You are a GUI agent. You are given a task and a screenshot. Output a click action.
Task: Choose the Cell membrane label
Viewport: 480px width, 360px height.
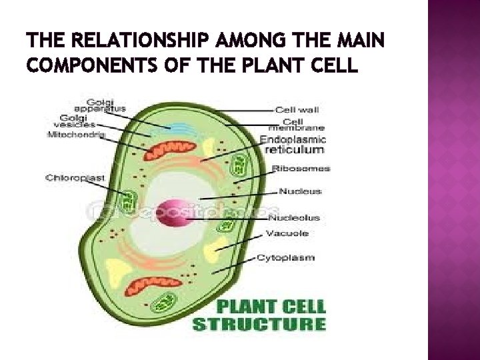(x=296, y=125)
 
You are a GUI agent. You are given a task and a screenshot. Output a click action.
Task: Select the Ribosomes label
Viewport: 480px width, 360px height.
(x=301, y=169)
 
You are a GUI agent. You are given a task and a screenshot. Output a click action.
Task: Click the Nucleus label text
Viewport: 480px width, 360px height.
(x=299, y=191)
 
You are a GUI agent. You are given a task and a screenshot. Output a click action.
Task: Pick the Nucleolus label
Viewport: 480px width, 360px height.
(x=293, y=217)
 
